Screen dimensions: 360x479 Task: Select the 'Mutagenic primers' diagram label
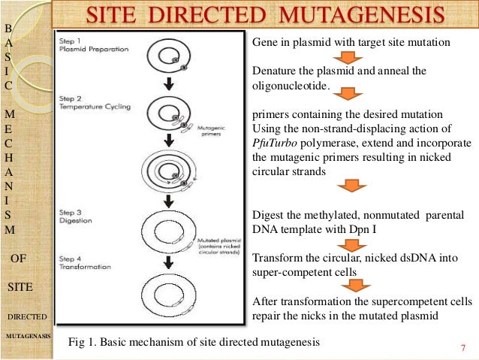(x=210, y=132)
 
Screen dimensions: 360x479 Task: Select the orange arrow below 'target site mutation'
(x=347, y=59)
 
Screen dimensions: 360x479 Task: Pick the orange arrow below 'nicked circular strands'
(x=347, y=186)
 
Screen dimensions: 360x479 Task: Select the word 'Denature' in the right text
(x=272, y=71)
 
